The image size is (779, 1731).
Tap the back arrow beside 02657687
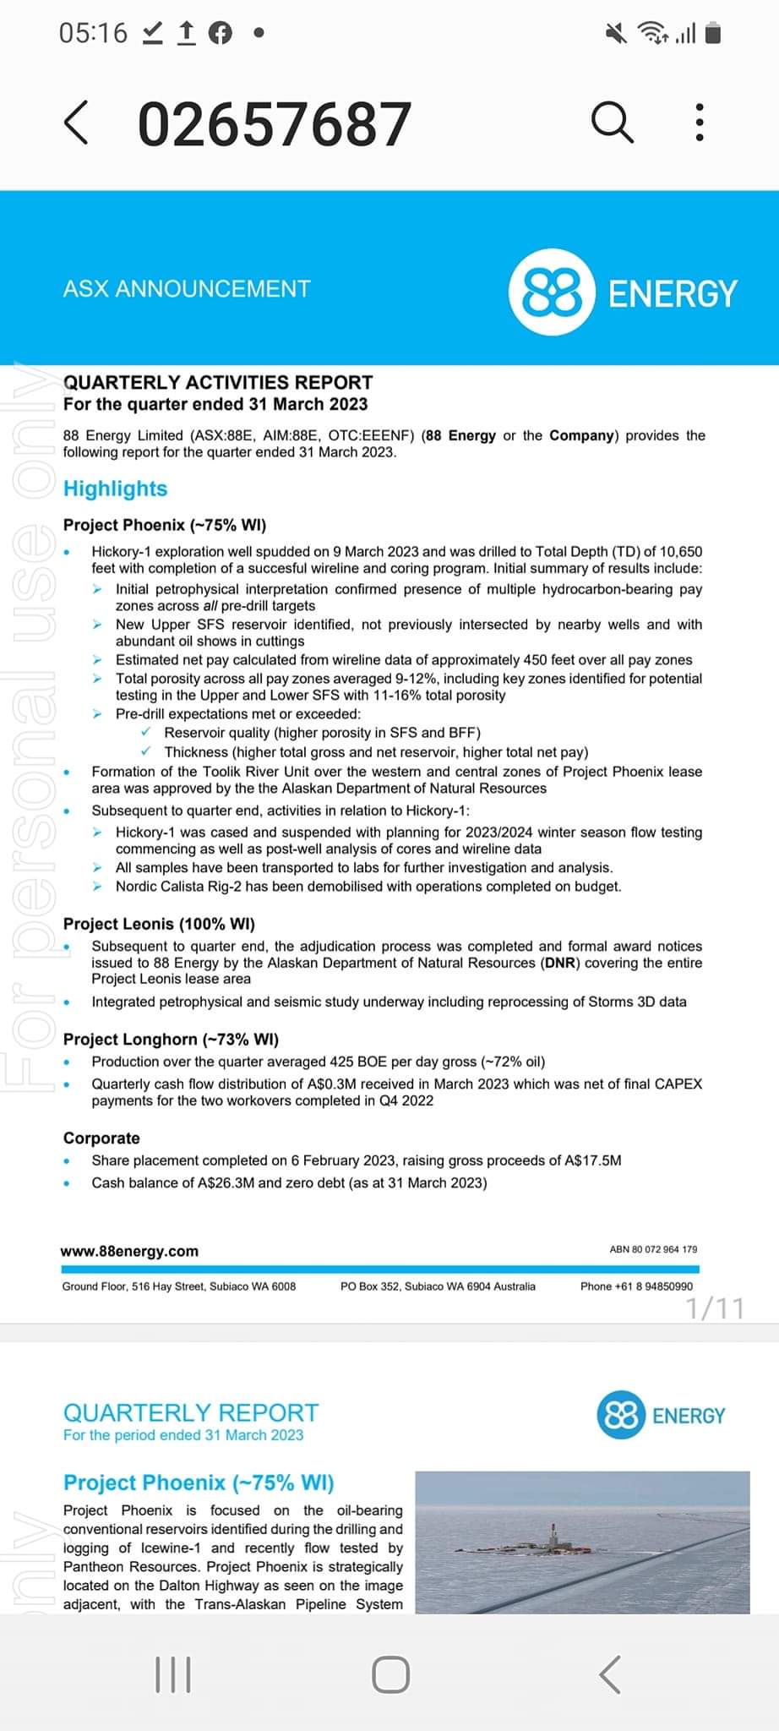(76, 123)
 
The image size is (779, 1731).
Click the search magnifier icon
(612, 123)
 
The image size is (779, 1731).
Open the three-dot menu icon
(699, 123)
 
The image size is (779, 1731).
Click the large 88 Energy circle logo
(552, 292)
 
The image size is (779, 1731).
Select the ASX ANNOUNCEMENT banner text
(187, 289)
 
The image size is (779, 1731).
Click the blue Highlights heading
(115, 489)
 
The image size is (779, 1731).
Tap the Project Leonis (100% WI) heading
(159, 924)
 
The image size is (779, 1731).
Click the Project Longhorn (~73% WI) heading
(171, 1040)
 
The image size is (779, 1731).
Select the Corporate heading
(101, 1138)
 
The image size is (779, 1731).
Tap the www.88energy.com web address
(129, 1251)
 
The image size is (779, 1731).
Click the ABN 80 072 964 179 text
(653, 1249)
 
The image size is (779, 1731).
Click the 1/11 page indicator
(715, 1308)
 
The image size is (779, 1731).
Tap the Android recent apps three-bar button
(174, 1674)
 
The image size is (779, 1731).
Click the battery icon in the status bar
(714, 33)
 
